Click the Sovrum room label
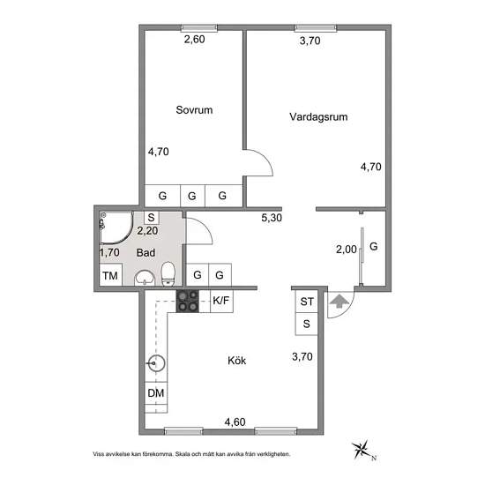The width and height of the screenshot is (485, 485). pos(194,110)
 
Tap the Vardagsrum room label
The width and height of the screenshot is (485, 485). pos(318,117)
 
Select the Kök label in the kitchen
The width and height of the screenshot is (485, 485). pos(236,361)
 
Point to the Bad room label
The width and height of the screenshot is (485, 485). pos(145,253)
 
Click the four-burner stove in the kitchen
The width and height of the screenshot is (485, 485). pos(188,301)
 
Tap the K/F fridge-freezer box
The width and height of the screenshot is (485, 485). pos(221,301)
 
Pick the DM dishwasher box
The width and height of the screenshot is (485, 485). pos(156,393)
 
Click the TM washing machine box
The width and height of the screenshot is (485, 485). pos(111,275)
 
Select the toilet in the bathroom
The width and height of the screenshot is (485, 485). pos(168,273)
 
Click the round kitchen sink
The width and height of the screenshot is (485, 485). pos(156,362)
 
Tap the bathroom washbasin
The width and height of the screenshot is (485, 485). pos(145,278)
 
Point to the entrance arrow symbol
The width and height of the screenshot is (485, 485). pos(339,301)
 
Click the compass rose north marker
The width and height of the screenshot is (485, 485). pos(362,450)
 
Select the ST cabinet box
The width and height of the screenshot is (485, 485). pos(307,302)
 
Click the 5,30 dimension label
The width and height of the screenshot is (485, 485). pos(272,218)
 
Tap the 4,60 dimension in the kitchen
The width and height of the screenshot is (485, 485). pos(235,422)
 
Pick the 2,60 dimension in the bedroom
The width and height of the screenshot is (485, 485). pos(194,40)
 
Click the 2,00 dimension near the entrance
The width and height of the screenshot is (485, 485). pos(347,250)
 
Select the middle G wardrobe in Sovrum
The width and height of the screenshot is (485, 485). pos(192,196)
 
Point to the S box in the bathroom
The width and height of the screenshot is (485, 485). pos(152,218)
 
